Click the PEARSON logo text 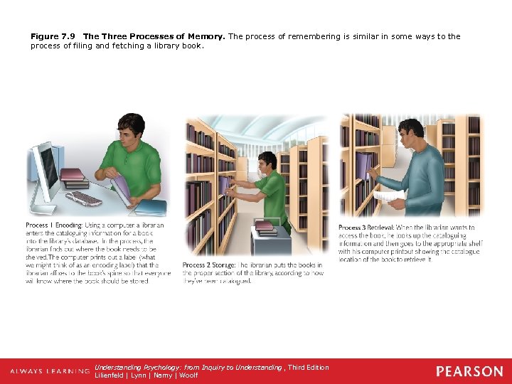point(469,371)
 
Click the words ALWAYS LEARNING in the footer point(50,372)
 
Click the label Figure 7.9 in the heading point(54,36)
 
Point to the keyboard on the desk point(85,198)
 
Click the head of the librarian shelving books point(268,161)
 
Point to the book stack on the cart point(265,228)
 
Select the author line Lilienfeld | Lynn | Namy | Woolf point(146,375)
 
